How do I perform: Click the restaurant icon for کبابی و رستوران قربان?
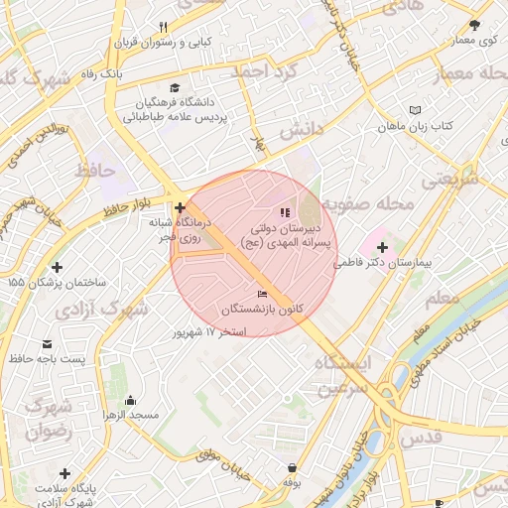tap(164, 27)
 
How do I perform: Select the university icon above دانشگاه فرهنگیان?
tap(176, 87)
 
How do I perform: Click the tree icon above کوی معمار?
tap(474, 25)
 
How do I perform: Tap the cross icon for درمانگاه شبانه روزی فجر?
tap(180, 207)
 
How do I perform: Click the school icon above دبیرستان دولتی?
tap(285, 211)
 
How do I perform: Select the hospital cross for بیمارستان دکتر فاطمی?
tap(382, 246)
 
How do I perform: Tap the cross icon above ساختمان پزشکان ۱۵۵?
tap(57, 267)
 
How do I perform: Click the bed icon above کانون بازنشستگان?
tap(263, 294)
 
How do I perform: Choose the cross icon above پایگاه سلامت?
tap(65, 473)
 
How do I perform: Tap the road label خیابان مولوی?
tap(221, 461)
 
